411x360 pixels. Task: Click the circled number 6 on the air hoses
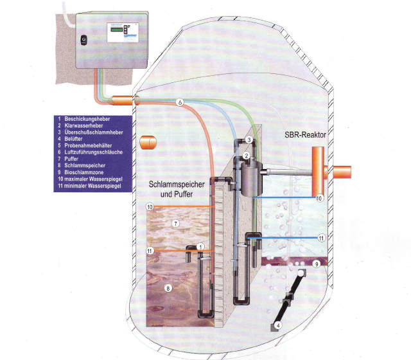click(x=180, y=102)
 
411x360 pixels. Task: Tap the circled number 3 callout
click(x=249, y=139)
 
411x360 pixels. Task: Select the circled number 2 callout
click(x=246, y=156)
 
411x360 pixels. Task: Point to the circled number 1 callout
click(x=200, y=247)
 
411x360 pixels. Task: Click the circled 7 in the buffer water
click(x=175, y=224)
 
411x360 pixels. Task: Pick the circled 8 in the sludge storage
click(x=168, y=289)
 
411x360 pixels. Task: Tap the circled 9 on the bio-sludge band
click(x=317, y=264)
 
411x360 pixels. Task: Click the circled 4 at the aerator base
click(x=278, y=326)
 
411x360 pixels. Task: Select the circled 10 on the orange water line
click(x=150, y=207)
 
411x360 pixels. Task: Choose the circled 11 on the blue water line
click(x=321, y=239)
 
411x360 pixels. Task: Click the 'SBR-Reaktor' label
click(x=306, y=135)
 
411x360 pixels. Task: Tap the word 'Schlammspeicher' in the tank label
click(x=177, y=184)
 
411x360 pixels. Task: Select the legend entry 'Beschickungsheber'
click(x=87, y=119)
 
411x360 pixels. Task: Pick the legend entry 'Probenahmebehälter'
click(x=88, y=146)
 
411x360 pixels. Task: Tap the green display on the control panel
click(x=117, y=30)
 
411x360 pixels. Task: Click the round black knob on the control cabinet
click(x=83, y=40)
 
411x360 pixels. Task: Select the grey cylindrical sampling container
click(x=251, y=179)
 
